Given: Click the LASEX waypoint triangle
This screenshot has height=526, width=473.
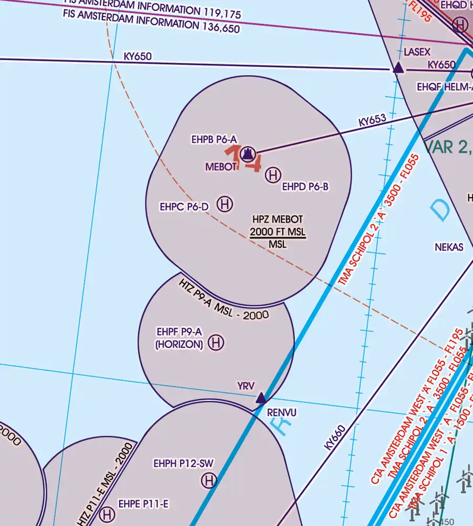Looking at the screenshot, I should tap(398, 68).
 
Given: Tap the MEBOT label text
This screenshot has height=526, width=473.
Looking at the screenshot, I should tap(220, 166).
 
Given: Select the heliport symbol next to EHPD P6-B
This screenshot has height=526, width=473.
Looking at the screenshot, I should tap(273, 175).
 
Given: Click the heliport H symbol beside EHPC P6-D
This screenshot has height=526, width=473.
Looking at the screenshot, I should tap(225, 204).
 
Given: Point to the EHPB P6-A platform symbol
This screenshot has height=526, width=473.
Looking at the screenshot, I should tap(248, 154).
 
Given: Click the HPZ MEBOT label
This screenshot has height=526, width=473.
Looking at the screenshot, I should tap(277, 220).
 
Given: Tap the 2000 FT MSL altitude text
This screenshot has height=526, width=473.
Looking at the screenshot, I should tap(277, 232).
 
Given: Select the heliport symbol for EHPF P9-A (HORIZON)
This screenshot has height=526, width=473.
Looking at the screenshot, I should tap(215, 343).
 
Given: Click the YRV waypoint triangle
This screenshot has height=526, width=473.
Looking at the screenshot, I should tap(261, 398).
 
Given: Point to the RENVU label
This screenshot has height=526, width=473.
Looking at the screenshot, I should tap(282, 412).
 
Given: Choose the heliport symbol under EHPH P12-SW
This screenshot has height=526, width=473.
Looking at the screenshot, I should tap(209, 480).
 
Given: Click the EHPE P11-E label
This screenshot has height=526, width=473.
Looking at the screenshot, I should tap(143, 504).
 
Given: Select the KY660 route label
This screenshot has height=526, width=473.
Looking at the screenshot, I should tap(335, 437).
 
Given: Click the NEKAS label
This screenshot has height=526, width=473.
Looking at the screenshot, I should tap(449, 247).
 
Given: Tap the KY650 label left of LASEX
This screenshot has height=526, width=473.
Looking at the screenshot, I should tap(138, 56).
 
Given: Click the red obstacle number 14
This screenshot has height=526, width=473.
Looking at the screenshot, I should tap(243, 159).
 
